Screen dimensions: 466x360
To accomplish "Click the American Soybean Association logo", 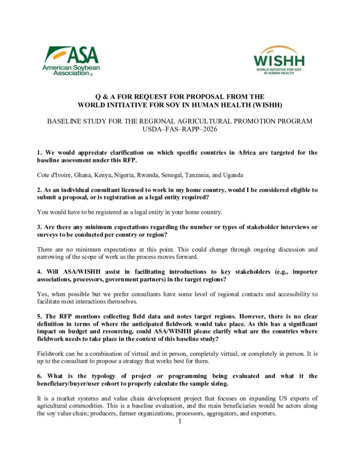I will point(71,60).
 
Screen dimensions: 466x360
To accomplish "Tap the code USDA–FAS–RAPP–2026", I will point(180,129).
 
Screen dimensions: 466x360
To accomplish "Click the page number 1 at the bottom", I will point(180,421).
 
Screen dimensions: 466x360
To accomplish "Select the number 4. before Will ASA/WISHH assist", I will point(40,272).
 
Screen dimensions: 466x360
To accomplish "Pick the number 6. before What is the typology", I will point(40,376).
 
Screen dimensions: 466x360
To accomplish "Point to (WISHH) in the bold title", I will point(267,105).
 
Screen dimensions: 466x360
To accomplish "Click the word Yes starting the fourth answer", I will point(42,294).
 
